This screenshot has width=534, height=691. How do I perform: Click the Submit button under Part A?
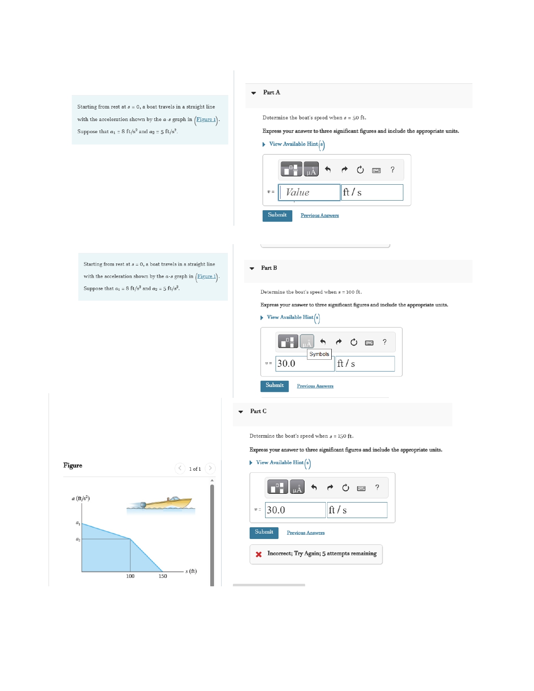point(277,215)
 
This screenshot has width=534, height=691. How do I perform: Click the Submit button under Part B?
point(274,386)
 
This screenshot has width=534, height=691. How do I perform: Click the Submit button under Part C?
point(264,532)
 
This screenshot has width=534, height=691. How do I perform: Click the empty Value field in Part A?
point(309,192)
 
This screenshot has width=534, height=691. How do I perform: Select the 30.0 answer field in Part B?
point(304,364)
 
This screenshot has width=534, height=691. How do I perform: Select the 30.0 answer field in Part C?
point(295,510)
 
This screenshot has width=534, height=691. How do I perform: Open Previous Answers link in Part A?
point(320,216)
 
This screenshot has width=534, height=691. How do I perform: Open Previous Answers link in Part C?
point(305,533)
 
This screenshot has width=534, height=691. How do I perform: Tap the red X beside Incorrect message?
point(258,554)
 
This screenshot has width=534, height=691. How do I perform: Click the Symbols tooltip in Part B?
point(319,354)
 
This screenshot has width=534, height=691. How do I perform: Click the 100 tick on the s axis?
point(130,576)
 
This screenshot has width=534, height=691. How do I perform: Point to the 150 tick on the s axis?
point(163,576)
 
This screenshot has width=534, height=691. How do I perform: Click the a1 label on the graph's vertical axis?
point(78,523)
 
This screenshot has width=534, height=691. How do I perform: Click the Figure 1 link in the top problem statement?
point(206,119)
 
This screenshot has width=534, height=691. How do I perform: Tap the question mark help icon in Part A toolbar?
point(392,170)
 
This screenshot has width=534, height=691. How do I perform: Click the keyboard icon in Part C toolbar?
point(361,488)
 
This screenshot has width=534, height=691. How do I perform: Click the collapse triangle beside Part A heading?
point(253,93)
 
